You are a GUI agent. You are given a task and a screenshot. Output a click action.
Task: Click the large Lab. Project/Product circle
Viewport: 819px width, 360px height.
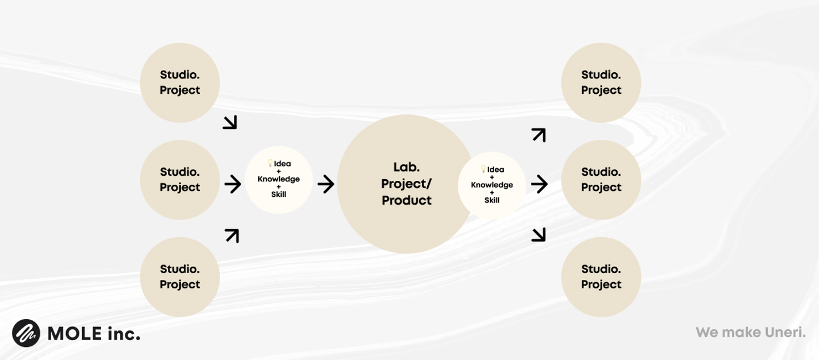[406, 184]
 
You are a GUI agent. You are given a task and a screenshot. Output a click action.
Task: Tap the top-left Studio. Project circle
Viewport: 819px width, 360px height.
[180, 82]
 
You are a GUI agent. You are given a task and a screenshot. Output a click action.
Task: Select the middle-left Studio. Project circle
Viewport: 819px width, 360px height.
[180, 180]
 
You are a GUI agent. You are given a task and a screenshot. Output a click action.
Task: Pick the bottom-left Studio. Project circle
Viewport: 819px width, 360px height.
[180, 277]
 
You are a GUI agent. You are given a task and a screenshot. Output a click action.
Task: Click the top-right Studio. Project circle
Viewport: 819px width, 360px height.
[601, 82]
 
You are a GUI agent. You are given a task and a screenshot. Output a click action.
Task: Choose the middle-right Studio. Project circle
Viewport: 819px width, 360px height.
[601, 180]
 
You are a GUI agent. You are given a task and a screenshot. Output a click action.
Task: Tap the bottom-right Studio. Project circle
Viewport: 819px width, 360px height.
[601, 277]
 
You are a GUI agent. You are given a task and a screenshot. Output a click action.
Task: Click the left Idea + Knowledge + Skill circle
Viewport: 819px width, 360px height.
[279, 180]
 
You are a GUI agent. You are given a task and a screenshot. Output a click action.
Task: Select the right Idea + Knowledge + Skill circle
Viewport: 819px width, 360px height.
[492, 185]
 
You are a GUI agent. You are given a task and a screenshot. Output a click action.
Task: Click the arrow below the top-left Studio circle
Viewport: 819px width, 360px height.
[230, 122]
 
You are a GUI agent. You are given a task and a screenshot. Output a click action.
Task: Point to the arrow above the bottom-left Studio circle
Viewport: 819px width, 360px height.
[232, 236]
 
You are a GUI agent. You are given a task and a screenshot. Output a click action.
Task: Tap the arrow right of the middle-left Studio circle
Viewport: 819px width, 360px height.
[233, 184]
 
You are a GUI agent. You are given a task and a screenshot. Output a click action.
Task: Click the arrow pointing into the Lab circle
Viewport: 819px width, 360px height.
[326, 184]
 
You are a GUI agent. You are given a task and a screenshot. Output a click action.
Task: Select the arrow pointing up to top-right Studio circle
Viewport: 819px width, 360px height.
[539, 135]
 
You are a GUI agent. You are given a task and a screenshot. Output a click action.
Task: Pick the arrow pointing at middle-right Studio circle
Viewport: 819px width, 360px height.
[539, 184]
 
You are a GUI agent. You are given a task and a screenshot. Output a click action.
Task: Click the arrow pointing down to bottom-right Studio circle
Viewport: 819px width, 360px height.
[539, 235]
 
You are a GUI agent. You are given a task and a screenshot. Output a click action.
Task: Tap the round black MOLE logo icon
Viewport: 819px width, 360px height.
[26, 333]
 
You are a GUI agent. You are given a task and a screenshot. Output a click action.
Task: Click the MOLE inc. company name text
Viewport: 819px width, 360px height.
[94, 334]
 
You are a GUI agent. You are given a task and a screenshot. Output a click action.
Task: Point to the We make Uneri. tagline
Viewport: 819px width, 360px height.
[751, 332]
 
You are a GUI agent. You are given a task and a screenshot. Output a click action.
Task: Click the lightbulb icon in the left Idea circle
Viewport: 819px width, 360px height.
[270, 163]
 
